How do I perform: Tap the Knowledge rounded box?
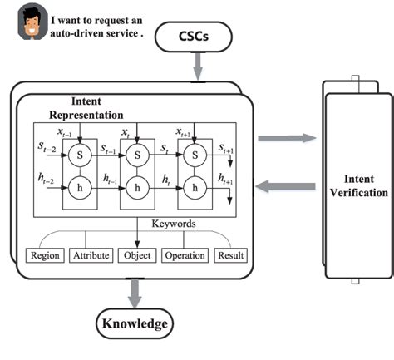[x=135, y=323]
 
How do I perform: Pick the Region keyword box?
[x=45, y=255]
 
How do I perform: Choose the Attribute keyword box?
[x=91, y=255]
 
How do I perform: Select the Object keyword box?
[x=136, y=255]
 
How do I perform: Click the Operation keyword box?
[x=184, y=255]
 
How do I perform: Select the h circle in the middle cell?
[x=136, y=187]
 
